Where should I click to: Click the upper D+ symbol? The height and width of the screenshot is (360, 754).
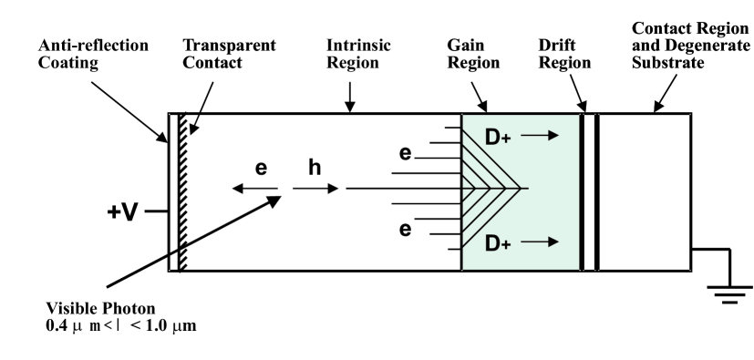(499, 138)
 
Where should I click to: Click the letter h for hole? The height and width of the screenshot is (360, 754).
(315, 170)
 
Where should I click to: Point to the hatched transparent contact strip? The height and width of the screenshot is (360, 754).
(183, 191)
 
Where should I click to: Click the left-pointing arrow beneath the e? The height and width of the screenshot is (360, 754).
(255, 190)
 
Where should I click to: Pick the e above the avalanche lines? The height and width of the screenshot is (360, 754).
(407, 155)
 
